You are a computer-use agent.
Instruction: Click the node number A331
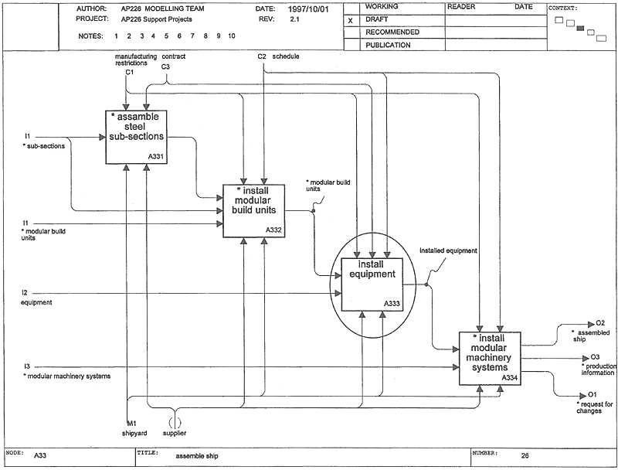[x=156, y=156]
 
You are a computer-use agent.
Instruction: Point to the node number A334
[x=509, y=378]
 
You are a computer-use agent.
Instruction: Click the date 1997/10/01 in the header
[x=308, y=9]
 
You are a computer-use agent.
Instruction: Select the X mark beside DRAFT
[x=351, y=21]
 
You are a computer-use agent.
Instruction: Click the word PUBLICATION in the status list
[x=388, y=45]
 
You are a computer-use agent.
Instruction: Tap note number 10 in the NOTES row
[x=231, y=36]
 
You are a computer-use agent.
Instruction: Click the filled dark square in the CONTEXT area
[x=580, y=29]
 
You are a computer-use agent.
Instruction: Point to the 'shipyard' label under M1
[x=134, y=433]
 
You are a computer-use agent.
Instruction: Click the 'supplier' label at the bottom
[x=175, y=433]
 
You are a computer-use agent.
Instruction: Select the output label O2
[x=600, y=323]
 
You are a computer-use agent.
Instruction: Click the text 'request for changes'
[x=595, y=407]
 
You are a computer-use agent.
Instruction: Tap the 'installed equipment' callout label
[x=448, y=250]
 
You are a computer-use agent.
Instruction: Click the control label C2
[x=262, y=56]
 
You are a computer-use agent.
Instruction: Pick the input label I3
[x=27, y=366]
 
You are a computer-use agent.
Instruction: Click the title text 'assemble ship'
[x=197, y=456]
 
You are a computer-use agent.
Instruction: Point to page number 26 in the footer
[x=525, y=455]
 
